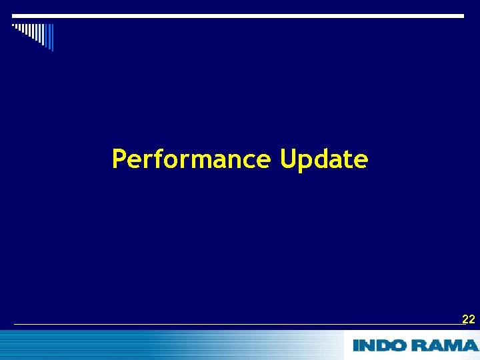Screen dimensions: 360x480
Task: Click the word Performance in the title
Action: [191, 160]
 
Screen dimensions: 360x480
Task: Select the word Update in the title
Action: [323, 160]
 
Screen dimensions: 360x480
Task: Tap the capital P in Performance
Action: [119, 159]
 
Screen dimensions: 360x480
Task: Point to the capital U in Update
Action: [288, 159]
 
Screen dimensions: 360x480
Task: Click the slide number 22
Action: [469, 319]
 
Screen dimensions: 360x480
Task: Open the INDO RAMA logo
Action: [415, 345]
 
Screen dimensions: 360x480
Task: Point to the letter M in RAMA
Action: [453, 345]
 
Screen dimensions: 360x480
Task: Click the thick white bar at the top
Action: [238, 15]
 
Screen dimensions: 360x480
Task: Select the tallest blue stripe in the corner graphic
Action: [51, 37]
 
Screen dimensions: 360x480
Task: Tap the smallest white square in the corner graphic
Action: [13, 25]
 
